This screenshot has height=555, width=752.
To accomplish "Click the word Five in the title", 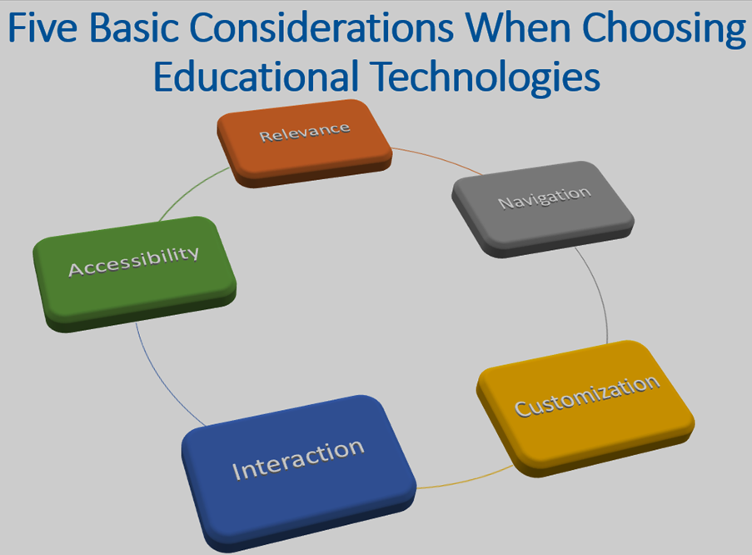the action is pos(42,27).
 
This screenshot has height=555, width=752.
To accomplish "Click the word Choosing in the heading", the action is pos(664,30).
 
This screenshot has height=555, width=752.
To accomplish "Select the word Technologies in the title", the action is pos(486,77).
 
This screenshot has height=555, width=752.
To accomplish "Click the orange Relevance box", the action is pos(305,143).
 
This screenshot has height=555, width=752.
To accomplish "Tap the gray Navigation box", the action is pos(543,209).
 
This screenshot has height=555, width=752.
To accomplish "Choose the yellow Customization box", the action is pos(585,408).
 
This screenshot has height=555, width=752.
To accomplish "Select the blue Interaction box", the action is pos(298,472).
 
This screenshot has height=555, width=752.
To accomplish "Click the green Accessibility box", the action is pos(134,273).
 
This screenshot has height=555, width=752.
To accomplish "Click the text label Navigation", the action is pos(545,197).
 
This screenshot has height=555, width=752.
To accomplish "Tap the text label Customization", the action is pos(587,396).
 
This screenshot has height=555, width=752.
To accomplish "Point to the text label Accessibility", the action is pos(134,262).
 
